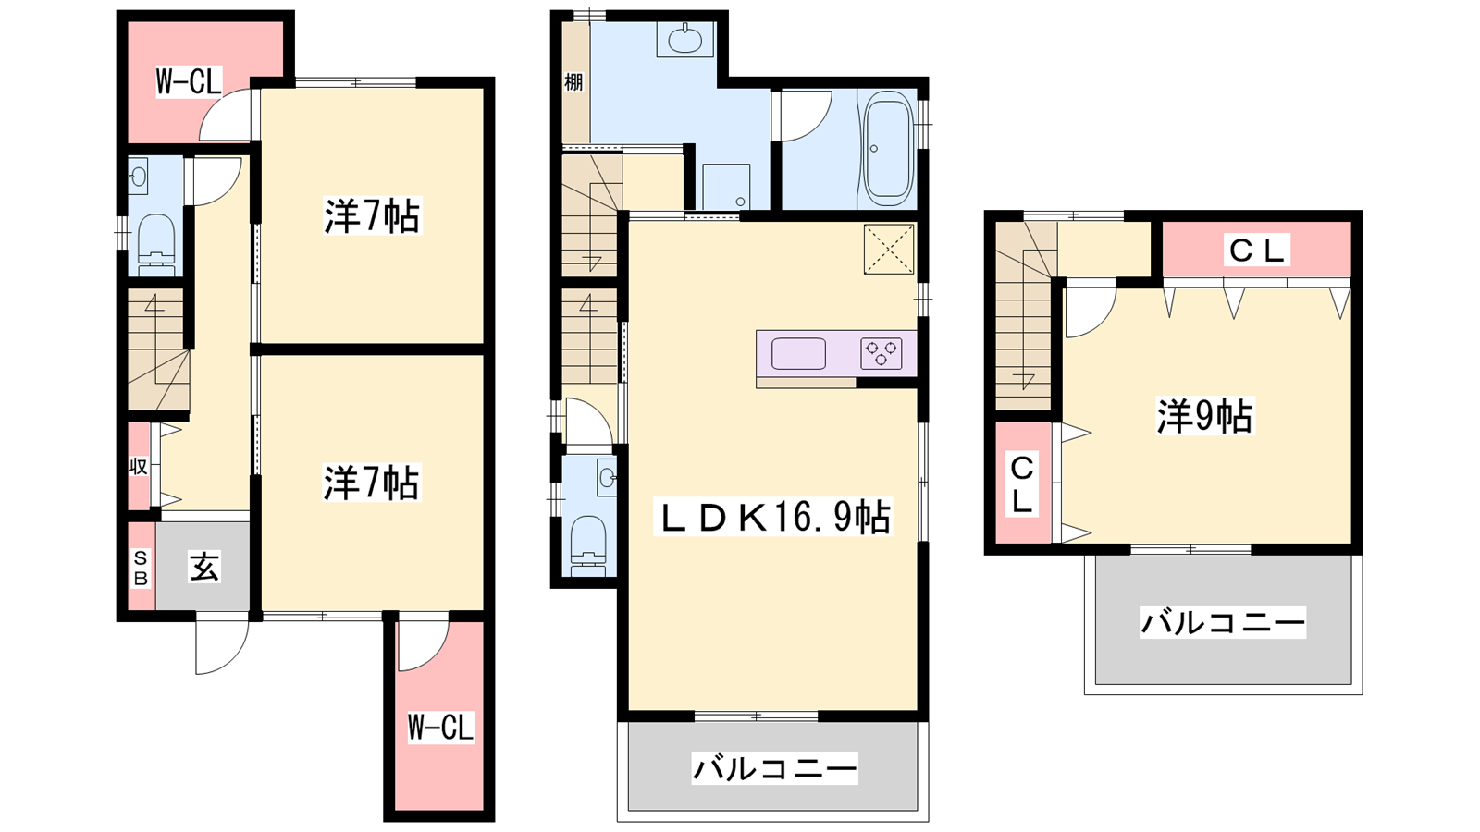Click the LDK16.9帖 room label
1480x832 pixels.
pos(772,517)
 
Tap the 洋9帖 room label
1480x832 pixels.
pos(1204,417)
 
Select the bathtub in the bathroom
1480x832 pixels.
pos(887,148)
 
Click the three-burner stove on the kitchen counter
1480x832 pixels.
pos(882,353)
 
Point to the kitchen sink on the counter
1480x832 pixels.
pos(798,353)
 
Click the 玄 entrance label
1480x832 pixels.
pos(204,567)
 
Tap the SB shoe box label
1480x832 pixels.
pos(141,568)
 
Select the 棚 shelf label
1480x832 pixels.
pos(573,82)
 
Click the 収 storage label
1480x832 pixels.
pos(138,467)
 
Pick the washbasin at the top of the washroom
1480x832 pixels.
pos(685,39)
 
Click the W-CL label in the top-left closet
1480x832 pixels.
pos(189,82)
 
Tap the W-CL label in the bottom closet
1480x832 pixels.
pos(440,728)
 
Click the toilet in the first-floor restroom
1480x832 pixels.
pos(156,244)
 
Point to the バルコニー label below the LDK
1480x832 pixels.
pos(774,768)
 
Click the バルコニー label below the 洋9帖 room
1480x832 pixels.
pos(1223,622)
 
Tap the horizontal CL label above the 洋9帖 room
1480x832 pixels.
pos(1257,251)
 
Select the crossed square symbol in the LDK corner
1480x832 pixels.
pos(889,249)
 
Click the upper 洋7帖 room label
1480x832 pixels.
pos(372,215)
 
